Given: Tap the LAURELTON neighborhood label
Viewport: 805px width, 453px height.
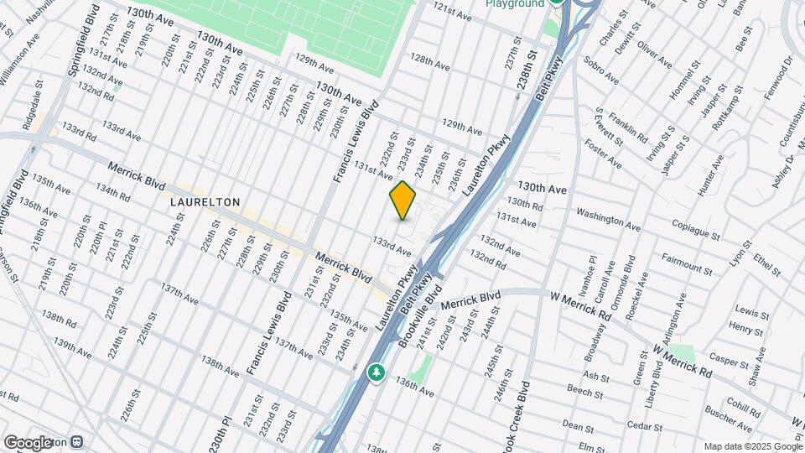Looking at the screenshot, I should point(205,202).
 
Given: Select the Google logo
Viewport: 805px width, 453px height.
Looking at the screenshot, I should point(29,442).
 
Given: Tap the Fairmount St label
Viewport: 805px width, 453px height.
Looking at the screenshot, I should point(687,263).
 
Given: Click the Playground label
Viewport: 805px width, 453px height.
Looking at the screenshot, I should point(514,4).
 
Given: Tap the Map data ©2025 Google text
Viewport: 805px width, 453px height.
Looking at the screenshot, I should point(751,445).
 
